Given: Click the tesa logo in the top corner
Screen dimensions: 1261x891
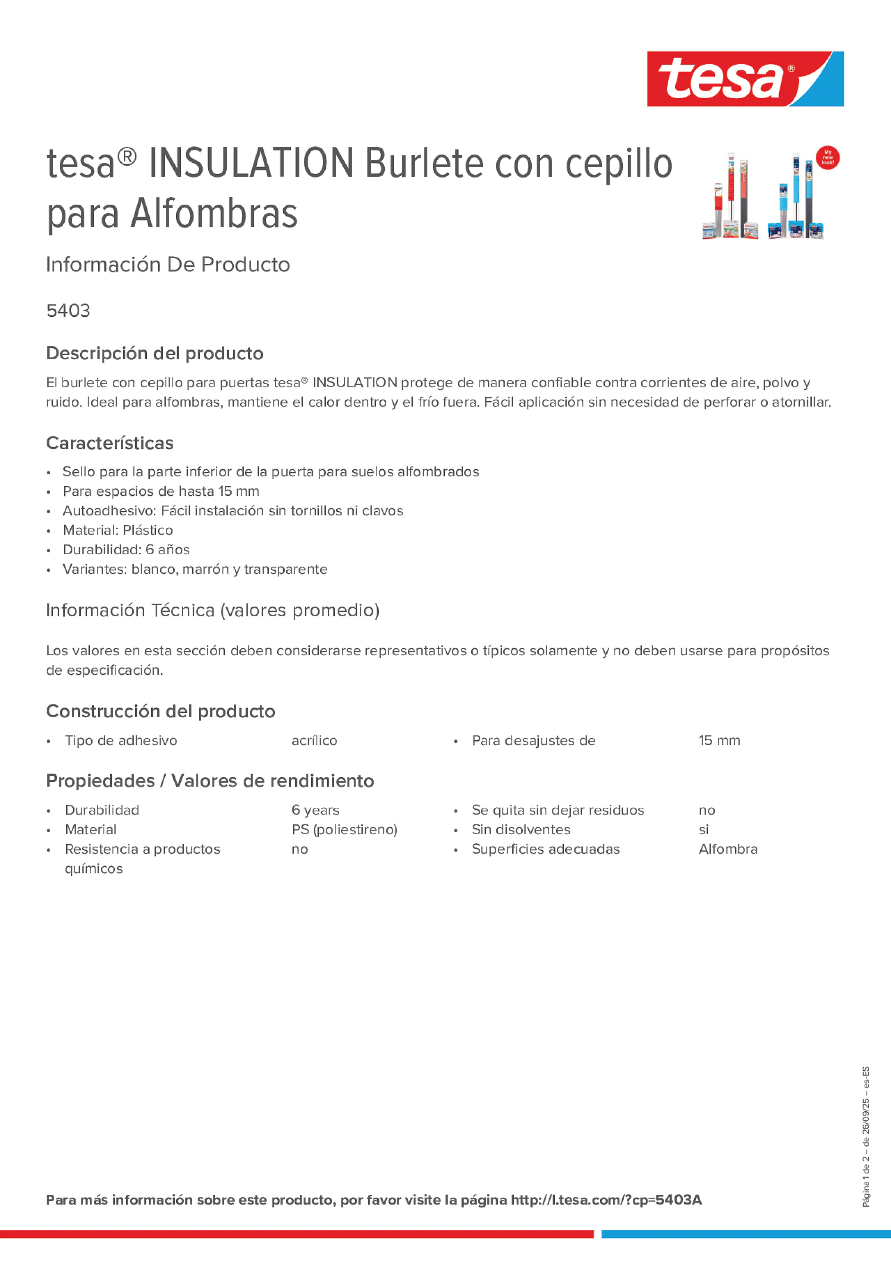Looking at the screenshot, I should pos(745,79).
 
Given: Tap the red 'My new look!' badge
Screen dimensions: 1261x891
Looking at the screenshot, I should pos(827,158).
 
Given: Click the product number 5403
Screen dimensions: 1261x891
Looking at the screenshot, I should pos(68,311).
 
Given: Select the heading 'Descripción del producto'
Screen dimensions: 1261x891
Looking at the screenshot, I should pos(154,353).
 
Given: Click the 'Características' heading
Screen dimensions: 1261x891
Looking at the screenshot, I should pos(110,443).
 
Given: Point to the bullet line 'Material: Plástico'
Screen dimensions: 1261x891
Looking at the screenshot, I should pos(118,530).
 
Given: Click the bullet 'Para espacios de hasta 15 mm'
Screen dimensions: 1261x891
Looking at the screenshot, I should pos(161,491).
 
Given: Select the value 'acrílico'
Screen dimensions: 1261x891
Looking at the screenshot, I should pos(314,740).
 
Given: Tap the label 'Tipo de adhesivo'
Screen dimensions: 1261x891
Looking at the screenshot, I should pos(121,740).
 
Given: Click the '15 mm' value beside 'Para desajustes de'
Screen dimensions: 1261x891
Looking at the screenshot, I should pos(719,740).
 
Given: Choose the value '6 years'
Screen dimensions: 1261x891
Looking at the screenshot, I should pos(315,810).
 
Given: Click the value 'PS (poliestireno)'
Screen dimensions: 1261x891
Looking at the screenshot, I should pos(344,829).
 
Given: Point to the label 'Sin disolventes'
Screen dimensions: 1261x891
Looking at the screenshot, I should pos(521,829).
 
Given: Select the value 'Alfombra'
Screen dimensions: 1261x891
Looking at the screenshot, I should pos(728,849).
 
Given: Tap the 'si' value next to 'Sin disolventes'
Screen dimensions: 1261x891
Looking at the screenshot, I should pos(704,829).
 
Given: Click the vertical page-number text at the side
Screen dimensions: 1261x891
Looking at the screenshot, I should pos(866,1137).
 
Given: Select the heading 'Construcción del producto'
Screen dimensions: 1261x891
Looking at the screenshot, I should pos(161,711).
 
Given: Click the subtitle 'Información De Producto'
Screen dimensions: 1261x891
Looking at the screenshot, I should pos(168,265).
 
